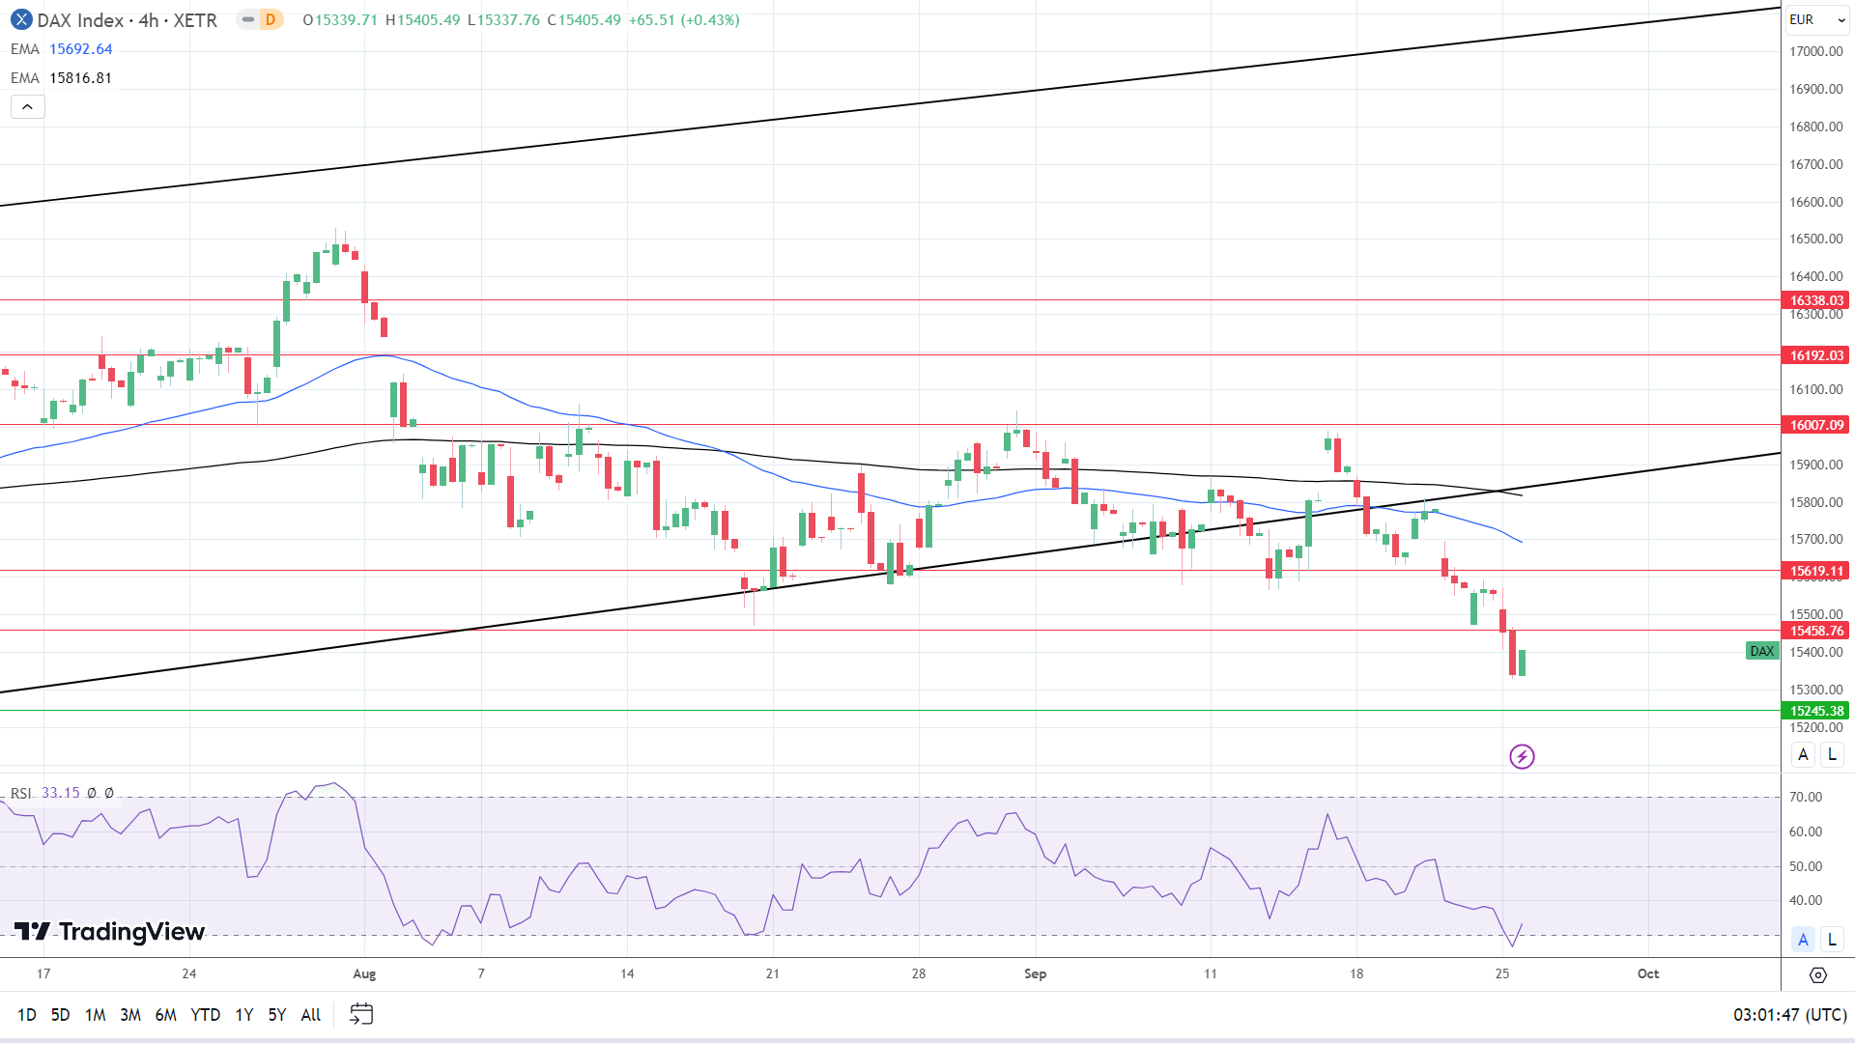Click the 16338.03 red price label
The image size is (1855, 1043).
coord(1816,300)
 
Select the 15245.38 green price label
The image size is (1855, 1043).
coord(1816,711)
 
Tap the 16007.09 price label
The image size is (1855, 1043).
coord(1816,425)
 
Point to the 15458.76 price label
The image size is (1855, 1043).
coord(1816,631)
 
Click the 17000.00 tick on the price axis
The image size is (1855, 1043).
coord(1815,51)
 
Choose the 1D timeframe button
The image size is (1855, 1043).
coord(27,1014)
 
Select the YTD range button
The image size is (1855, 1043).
coord(205,1014)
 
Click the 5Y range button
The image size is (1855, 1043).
coord(277,1014)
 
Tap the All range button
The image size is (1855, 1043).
coord(311,1014)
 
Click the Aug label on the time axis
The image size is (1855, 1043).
coord(364,973)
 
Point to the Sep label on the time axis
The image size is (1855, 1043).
coord(1035,973)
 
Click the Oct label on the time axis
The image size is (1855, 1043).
coord(1648,973)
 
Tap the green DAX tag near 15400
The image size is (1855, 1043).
coord(1762,651)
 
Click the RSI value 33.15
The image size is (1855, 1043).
coord(61,793)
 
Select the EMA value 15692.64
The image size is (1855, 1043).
coord(81,49)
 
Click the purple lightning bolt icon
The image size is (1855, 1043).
coord(1522,756)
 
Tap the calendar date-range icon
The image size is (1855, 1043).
coord(361,1014)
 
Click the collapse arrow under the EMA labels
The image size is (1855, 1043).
coord(27,107)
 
